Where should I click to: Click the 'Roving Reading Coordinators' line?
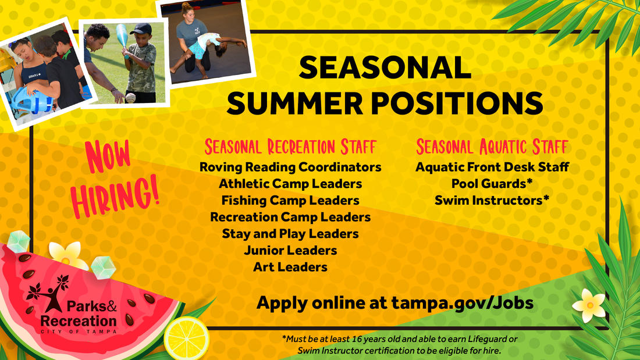tap(290, 167)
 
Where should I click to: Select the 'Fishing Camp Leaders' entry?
tap(290, 201)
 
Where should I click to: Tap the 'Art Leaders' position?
tap(290, 268)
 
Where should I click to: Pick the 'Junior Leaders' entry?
tap(290, 251)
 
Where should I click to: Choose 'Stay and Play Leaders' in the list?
tap(290, 234)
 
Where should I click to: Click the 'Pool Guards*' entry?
tap(492, 184)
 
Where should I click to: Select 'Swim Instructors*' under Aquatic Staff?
tap(492, 201)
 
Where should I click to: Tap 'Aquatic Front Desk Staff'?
tap(492, 167)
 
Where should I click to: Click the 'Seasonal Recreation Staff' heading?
tap(290, 146)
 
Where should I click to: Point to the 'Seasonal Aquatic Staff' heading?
tap(492, 146)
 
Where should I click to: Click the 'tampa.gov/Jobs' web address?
tap(463, 303)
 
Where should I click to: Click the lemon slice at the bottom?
tap(186, 338)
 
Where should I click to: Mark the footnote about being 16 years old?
tap(399, 345)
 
